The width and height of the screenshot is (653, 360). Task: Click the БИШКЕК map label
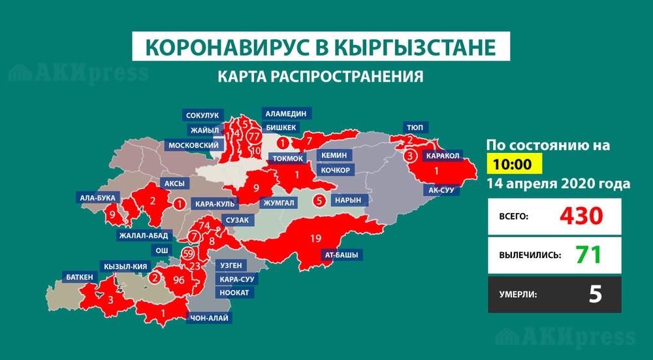click(x=282, y=127)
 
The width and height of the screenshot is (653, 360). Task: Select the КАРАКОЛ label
click(x=443, y=156)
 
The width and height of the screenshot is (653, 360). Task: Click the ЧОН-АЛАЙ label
click(x=210, y=319)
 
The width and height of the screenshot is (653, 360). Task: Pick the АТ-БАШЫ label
click(x=342, y=254)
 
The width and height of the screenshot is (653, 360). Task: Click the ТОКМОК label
click(x=286, y=158)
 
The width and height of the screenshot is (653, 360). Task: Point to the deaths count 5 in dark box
click(x=594, y=294)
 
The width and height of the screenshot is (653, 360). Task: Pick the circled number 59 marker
click(x=189, y=254)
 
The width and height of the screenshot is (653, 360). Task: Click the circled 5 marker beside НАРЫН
click(x=319, y=201)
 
